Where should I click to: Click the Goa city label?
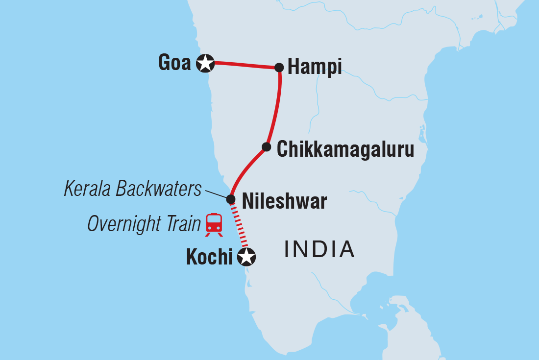pyautogui.click(x=174, y=63)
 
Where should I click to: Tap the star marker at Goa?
pyautogui.click(x=205, y=63)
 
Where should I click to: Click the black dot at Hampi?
pyautogui.click(x=279, y=67)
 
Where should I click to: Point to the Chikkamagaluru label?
pyautogui.click(x=345, y=150)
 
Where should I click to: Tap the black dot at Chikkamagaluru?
pyautogui.click(x=266, y=147)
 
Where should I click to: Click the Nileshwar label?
pyautogui.click(x=284, y=201)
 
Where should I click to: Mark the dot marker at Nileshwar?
pyautogui.click(x=231, y=199)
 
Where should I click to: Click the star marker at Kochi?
pyautogui.click(x=246, y=256)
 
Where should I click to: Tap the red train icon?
pyautogui.click(x=214, y=225)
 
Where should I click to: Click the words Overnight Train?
pyautogui.click(x=144, y=225)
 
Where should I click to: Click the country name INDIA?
pyautogui.click(x=319, y=249)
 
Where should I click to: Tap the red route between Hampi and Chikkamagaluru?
pyautogui.click(x=277, y=108)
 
